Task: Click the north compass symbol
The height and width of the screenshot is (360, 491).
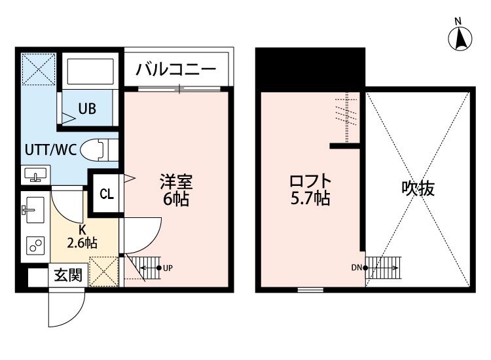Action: tap(461, 38)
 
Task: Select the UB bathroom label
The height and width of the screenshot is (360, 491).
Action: tap(88, 109)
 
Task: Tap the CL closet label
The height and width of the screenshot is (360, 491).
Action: tap(106, 194)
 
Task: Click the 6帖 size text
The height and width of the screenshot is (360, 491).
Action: tap(175, 199)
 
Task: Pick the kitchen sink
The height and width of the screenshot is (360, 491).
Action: tap(32, 210)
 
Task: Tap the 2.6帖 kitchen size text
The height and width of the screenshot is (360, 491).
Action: tap(82, 243)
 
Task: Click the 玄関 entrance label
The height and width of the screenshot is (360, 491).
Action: tap(67, 276)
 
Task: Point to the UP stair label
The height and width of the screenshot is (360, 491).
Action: tap(168, 268)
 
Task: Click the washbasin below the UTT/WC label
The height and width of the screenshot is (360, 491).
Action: tap(34, 174)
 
